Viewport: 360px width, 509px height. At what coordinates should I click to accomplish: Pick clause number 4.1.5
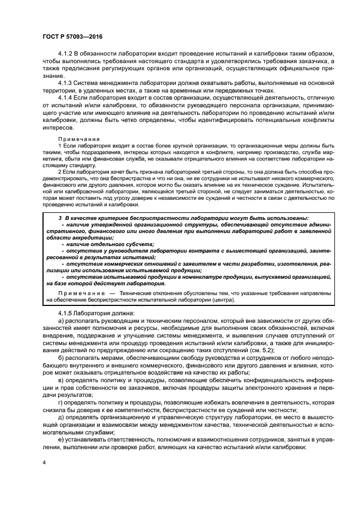66,312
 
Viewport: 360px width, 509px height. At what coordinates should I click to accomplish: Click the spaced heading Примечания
76,139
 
